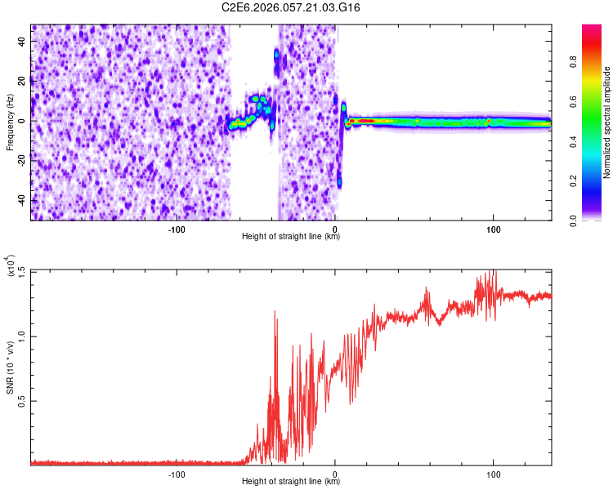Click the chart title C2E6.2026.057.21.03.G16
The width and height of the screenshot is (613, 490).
click(x=291, y=7)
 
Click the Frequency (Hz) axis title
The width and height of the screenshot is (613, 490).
click(x=10, y=122)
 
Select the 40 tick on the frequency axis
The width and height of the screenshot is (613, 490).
click(x=22, y=40)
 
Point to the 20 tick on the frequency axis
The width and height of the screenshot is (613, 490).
click(x=22, y=80)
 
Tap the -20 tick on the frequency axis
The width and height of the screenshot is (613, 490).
click(x=20, y=160)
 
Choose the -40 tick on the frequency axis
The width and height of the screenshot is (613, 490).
click(x=20, y=200)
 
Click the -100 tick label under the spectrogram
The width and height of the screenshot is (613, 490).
click(x=177, y=229)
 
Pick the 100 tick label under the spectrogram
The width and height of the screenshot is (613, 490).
click(x=493, y=229)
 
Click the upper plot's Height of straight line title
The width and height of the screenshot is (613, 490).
click(x=291, y=237)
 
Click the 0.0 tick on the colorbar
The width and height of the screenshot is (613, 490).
click(x=570, y=220)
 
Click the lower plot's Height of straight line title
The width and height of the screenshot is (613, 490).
click(x=291, y=482)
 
